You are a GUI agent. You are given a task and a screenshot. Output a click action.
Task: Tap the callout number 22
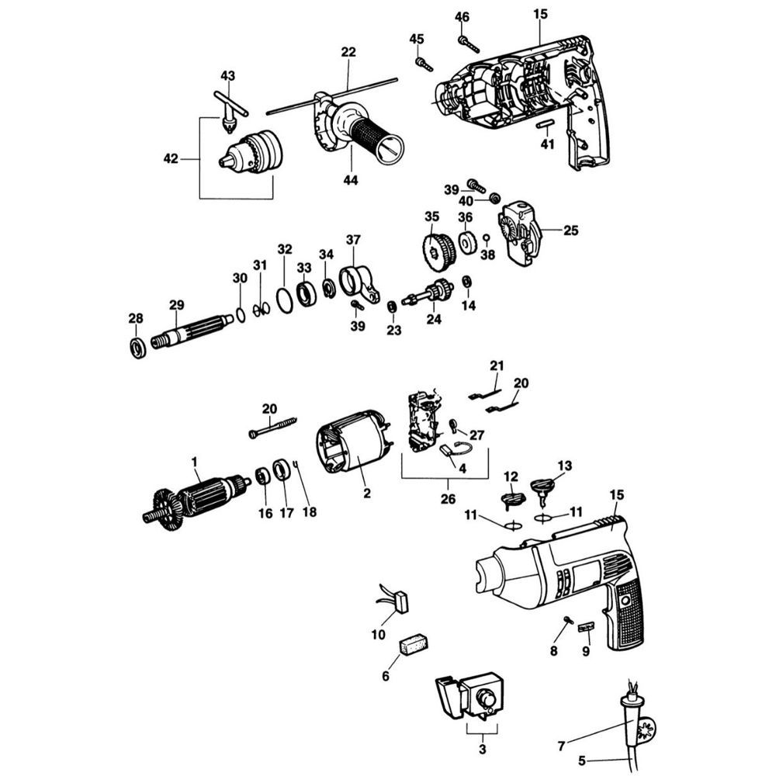click(348, 53)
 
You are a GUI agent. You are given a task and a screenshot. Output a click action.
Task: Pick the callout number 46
click(462, 17)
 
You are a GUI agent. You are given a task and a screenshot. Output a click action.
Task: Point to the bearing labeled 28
click(137, 346)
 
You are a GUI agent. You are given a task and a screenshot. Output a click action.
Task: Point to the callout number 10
click(378, 634)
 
